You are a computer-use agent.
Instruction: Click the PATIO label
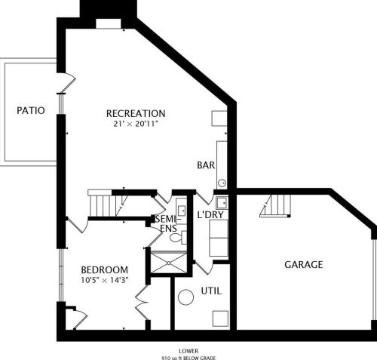click(31, 110)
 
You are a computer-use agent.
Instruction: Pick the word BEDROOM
click(104, 269)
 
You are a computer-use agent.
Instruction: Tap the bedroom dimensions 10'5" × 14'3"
click(104, 280)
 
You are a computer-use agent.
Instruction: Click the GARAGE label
click(304, 264)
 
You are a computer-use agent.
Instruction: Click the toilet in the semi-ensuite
click(176, 237)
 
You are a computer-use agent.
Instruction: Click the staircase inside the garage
click(276, 205)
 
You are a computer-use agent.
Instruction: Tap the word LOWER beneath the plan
click(188, 350)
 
